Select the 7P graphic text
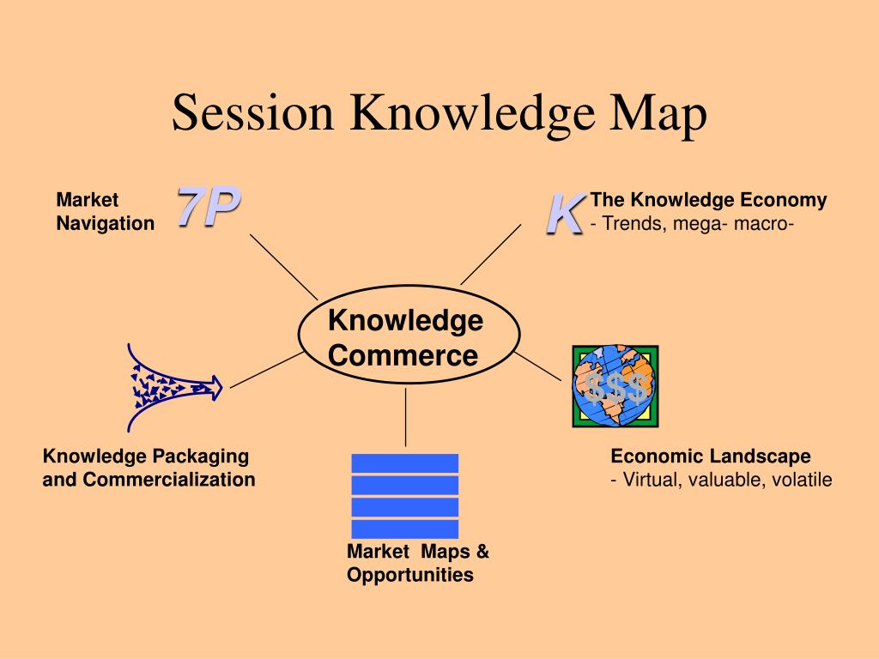pyautogui.click(x=209, y=206)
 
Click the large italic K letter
pyautogui.click(x=565, y=214)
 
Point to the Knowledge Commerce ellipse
pyautogui.click(x=409, y=286)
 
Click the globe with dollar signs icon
pyautogui.click(x=615, y=386)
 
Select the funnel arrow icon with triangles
pyautogui.click(x=175, y=387)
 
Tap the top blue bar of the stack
pyautogui.click(x=405, y=463)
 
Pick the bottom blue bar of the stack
pyautogui.click(x=405, y=529)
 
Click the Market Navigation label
pyautogui.click(x=105, y=211)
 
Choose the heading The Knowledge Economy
pyautogui.click(x=708, y=199)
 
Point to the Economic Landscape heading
pyautogui.click(x=710, y=456)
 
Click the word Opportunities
pyautogui.click(x=409, y=575)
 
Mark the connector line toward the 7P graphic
pyautogui.click(x=283, y=267)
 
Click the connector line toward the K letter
pyautogui.click(x=490, y=254)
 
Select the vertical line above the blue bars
pyautogui.click(x=405, y=418)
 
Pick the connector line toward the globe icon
pyautogui.click(x=537, y=366)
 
